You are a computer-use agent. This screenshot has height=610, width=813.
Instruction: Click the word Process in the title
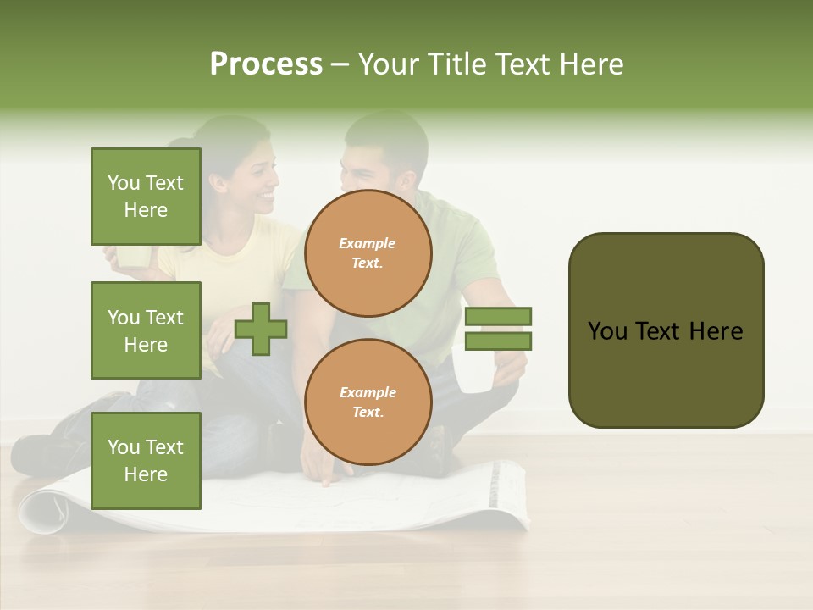pyautogui.click(x=266, y=64)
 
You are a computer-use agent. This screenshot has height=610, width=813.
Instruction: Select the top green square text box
pyautogui.click(x=146, y=197)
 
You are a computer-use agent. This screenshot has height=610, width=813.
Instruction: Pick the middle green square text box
pyautogui.click(x=146, y=330)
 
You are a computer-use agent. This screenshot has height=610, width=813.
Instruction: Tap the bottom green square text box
pyautogui.click(x=146, y=461)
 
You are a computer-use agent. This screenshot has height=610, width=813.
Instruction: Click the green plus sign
pyautogui.click(x=261, y=330)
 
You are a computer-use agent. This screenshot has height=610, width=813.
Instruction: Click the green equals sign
pyautogui.click(x=498, y=329)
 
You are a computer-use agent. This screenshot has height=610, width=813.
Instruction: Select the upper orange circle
pyautogui.click(x=368, y=253)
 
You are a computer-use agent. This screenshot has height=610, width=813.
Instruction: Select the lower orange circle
pyautogui.click(x=368, y=402)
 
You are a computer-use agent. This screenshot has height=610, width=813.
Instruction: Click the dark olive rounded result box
pyautogui.click(x=666, y=330)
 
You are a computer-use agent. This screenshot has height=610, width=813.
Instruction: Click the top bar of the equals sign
pyautogui.click(x=498, y=316)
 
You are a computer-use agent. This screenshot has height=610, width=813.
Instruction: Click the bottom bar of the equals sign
pyautogui.click(x=498, y=341)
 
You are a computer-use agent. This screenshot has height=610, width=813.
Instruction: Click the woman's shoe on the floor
pyautogui.click(x=34, y=453)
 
